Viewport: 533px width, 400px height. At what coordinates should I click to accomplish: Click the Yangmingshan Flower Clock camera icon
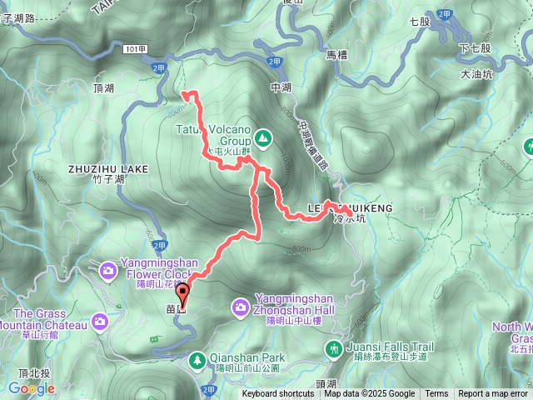108,269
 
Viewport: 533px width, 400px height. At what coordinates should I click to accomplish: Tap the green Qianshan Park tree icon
197,360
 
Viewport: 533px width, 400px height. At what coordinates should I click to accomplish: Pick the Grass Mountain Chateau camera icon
100,321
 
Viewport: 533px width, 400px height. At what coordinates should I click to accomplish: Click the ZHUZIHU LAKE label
109,169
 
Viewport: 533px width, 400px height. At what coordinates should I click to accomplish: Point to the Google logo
32,388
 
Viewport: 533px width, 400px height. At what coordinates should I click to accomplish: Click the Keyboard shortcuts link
278,394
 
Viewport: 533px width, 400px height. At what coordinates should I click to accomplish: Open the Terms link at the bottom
436,394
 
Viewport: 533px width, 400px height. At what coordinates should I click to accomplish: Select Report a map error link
493,394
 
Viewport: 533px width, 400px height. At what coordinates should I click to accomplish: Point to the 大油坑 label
476,74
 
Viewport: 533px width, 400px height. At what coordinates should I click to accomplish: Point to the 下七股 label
474,50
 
